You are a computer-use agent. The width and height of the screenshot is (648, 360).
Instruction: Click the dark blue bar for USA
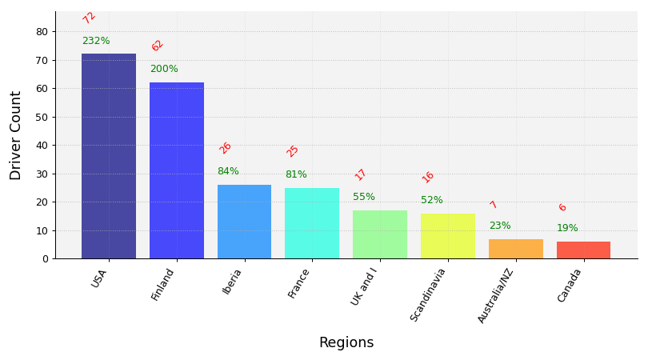pos(109,156)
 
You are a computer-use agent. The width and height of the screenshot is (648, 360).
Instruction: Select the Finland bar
pos(177,170)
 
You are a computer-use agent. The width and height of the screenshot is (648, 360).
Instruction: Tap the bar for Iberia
pos(244,222)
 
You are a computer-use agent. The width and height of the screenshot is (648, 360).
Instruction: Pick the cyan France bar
pos(312,223)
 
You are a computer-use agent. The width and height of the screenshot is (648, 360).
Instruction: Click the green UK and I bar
pos(380,234)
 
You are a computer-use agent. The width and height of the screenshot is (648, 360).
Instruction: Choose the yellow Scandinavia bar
pos(447,236)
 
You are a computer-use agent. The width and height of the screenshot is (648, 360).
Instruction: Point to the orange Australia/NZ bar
pos(515,249)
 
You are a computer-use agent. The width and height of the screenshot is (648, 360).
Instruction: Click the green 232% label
pos(96,41)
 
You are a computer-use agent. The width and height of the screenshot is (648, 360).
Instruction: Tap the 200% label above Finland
pos(164,69)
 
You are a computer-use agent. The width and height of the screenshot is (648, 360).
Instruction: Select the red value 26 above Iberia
pos(226,148)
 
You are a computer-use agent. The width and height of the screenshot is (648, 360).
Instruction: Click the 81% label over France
pos(296,174)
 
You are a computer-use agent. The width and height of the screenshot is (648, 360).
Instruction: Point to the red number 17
pos(361,174)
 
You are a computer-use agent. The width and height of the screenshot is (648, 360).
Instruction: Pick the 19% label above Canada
pos(567,228)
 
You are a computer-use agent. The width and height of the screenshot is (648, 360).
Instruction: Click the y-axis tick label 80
pos(42,32)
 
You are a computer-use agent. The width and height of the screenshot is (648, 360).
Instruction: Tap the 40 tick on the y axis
pos(42,146)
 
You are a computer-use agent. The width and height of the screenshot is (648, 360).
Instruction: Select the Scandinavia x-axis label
pos(430,294)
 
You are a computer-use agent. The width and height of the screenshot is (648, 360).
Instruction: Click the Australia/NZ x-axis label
pos(496,295)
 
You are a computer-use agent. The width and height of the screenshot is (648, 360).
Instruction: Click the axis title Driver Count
pos(16,135)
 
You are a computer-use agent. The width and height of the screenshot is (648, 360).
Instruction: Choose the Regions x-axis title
pos(346,342)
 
